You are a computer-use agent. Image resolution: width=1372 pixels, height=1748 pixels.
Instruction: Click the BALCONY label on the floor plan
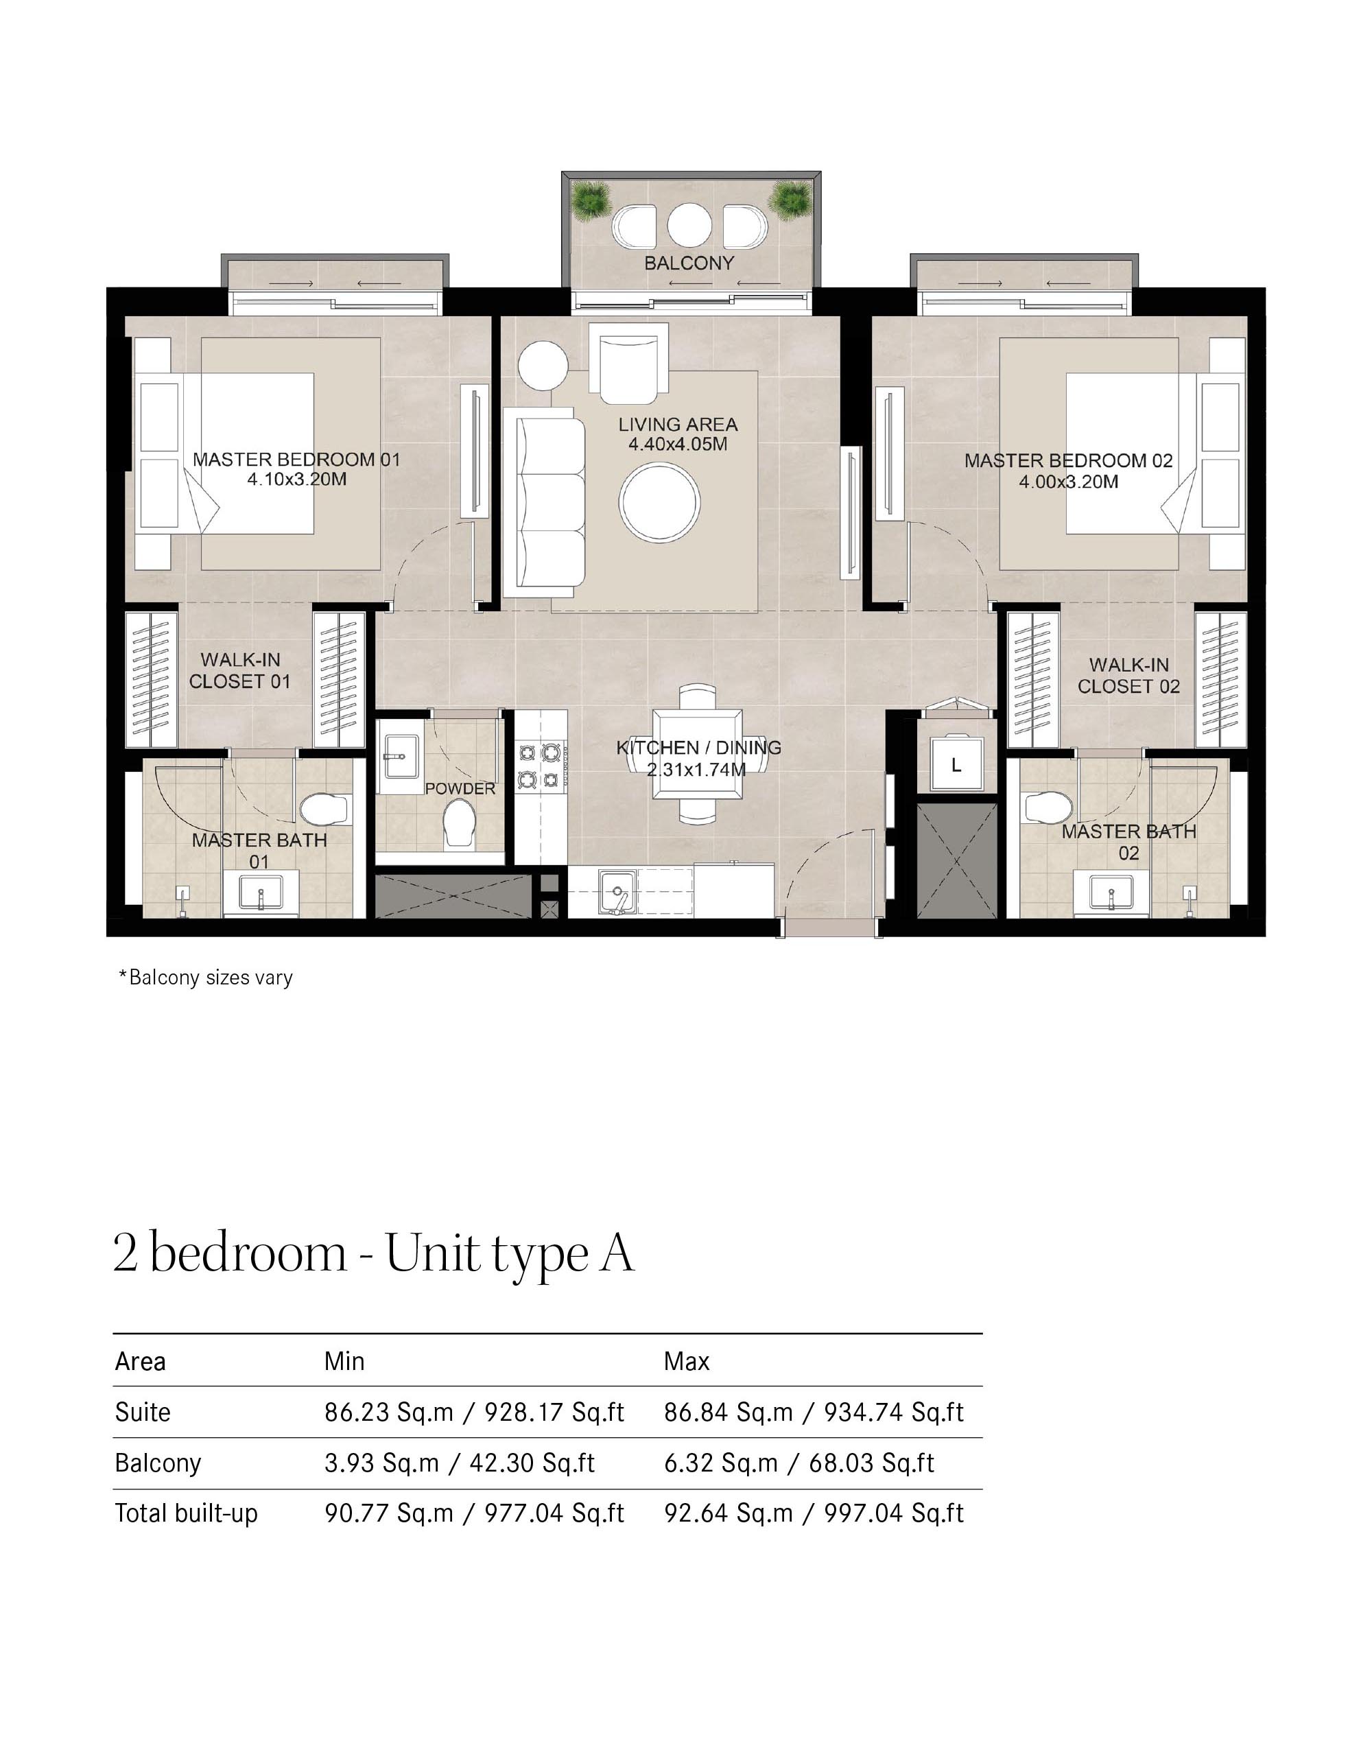[689, 263]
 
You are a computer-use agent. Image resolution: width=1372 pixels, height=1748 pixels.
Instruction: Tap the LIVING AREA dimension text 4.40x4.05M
[677, 445]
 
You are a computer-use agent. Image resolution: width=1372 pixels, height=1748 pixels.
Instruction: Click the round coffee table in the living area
[659, 503]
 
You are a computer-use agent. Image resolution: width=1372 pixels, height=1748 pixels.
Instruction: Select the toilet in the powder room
[460, 822]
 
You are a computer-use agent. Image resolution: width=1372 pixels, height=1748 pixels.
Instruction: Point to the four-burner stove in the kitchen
[539, 766]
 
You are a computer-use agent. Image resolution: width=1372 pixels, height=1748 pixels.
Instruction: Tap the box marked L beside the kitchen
[956, 765]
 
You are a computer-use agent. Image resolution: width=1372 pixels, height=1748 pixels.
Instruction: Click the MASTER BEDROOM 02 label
[1067, 460]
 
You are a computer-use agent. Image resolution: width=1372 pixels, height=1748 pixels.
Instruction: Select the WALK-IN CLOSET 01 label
[239, 671]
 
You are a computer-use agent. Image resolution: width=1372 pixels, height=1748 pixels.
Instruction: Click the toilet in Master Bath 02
[1049, 805]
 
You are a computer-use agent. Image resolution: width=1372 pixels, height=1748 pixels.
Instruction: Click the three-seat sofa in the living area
[544, 502]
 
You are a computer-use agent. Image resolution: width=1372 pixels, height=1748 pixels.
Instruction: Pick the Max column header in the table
[686, 1362]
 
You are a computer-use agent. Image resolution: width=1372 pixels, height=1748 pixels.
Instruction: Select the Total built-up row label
[187, 1513]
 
